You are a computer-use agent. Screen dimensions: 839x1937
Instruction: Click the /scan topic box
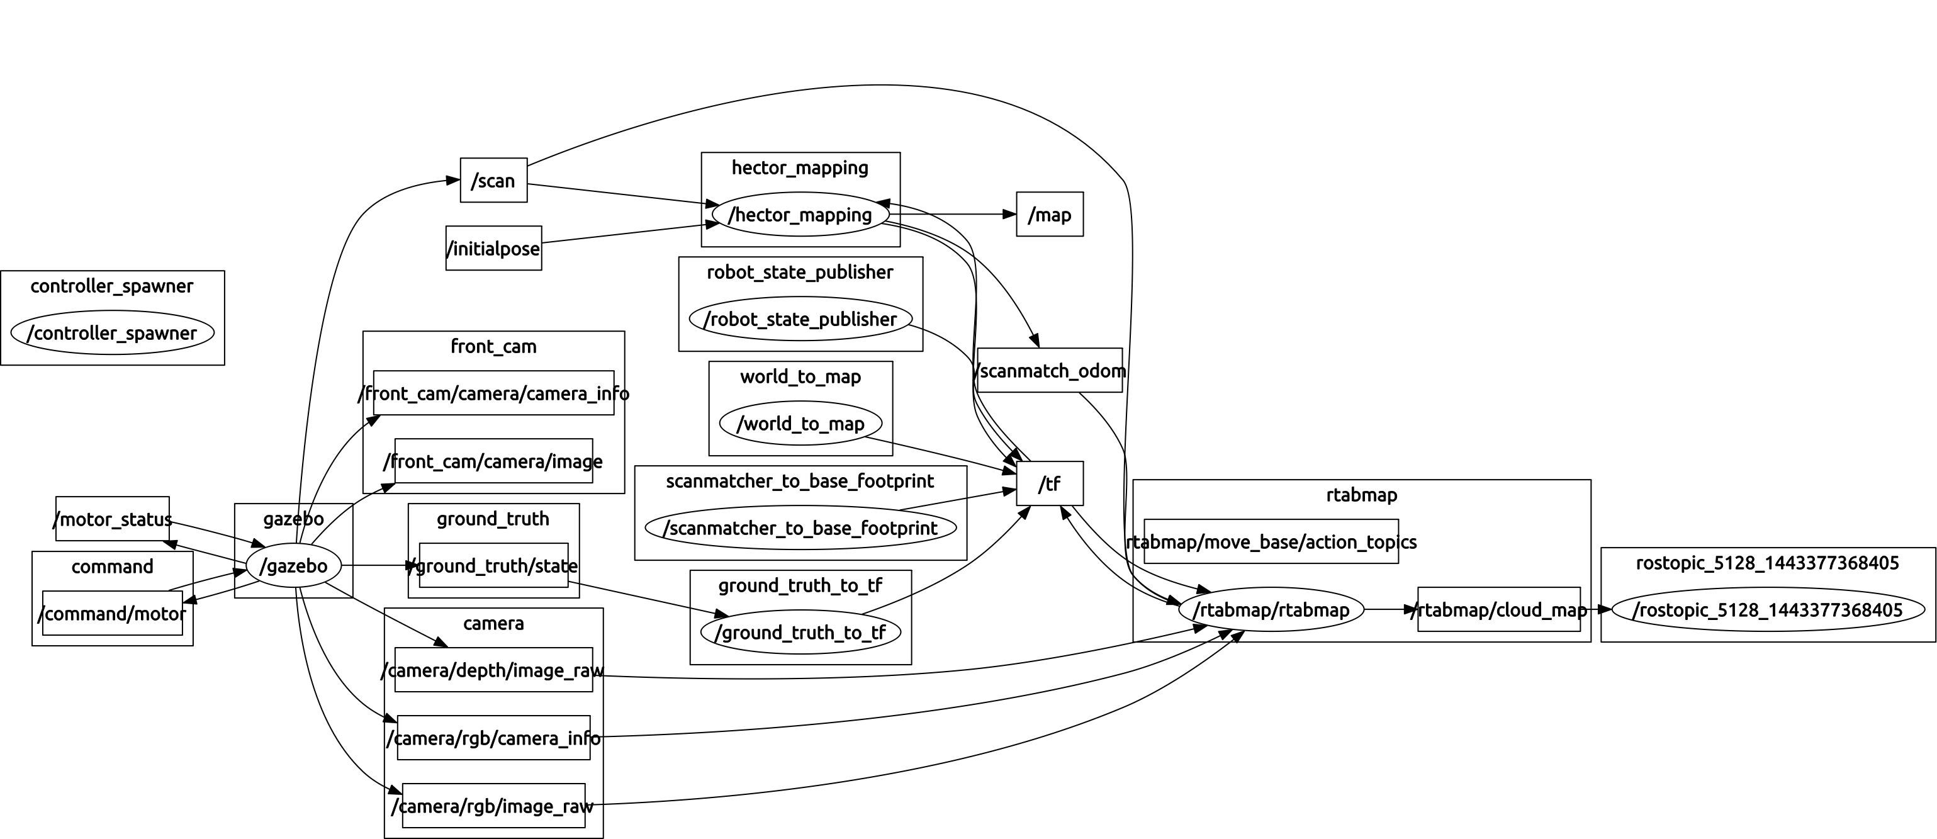493,181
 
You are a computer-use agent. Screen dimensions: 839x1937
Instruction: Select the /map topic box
1049,214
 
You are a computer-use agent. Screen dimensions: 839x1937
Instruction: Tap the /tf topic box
1049,483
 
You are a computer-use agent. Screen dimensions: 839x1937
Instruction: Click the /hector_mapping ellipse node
799,215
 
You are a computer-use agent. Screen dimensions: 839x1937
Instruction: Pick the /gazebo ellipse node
293,565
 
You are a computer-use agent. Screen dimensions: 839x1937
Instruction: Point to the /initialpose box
493,248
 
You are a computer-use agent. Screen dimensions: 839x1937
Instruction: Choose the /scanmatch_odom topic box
1049,370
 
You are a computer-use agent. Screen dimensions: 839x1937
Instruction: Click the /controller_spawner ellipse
112,332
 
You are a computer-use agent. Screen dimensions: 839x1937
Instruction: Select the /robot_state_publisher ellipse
799,318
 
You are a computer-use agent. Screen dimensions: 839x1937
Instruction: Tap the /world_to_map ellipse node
799,423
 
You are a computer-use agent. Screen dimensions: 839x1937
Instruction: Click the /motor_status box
112,519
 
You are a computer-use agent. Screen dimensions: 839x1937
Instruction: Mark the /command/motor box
112,614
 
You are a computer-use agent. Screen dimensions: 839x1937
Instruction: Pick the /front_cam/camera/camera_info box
493,393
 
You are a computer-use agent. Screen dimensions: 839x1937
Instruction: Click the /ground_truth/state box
493,565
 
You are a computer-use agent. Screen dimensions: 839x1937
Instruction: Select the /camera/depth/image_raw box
493,670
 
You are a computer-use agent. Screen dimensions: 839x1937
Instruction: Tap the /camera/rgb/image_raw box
493,806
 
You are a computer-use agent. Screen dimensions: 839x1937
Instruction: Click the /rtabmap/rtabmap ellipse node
1270,610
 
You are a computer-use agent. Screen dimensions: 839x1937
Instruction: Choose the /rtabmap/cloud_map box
1498,610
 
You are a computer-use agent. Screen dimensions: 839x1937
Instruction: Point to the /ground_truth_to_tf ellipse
799,633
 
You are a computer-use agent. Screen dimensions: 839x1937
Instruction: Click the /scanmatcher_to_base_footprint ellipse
799,527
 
